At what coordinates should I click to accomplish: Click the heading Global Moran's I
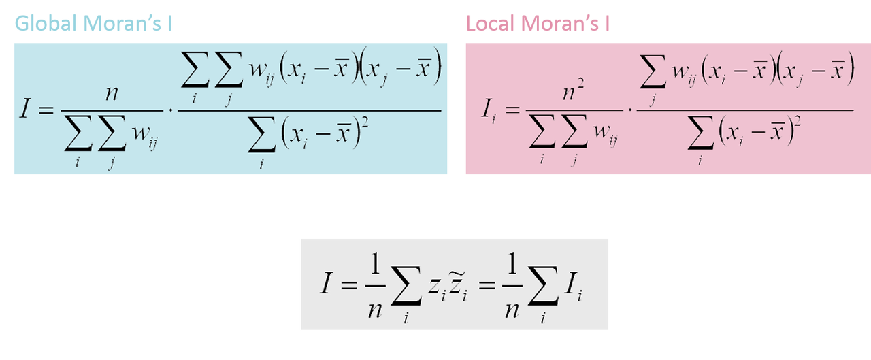pos(93,24)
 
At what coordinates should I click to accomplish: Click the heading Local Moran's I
pos(538,24)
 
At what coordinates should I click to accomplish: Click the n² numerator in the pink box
pos(573,91)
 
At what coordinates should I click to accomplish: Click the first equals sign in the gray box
pos(348,285)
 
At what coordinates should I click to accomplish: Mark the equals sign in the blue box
pos(46,110)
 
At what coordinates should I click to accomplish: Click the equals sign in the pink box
pos(512,110)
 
